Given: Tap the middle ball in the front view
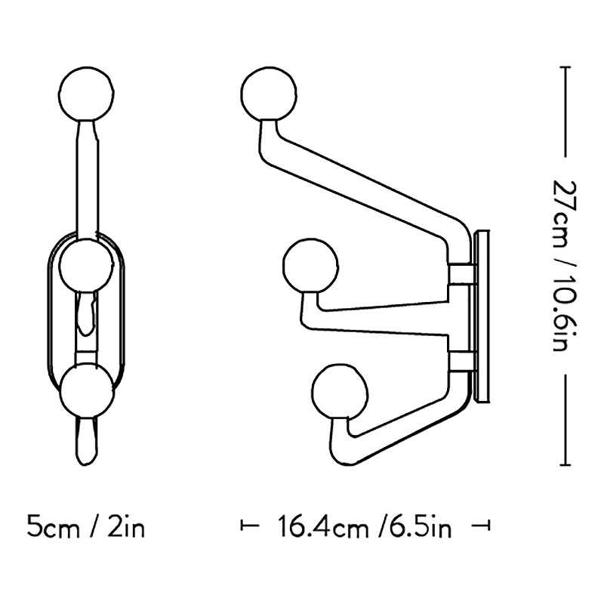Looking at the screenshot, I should [88, 263].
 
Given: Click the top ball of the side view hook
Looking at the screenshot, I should [268, 94].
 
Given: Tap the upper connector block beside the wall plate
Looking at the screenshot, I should [461, 273].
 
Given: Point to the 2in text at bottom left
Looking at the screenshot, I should [124, 526].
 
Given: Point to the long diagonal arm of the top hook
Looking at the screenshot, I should [362, 181].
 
